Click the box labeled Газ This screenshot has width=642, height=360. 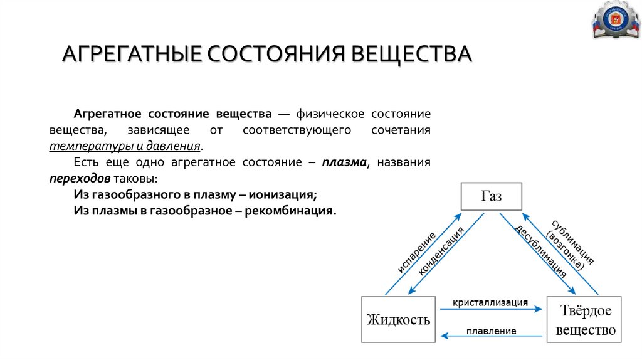click(492, 196)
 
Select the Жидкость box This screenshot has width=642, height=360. click(399, 319)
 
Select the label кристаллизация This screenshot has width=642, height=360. click(492, 302)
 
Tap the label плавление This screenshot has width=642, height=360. click(492, 331)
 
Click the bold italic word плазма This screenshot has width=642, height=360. click(344, 162)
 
